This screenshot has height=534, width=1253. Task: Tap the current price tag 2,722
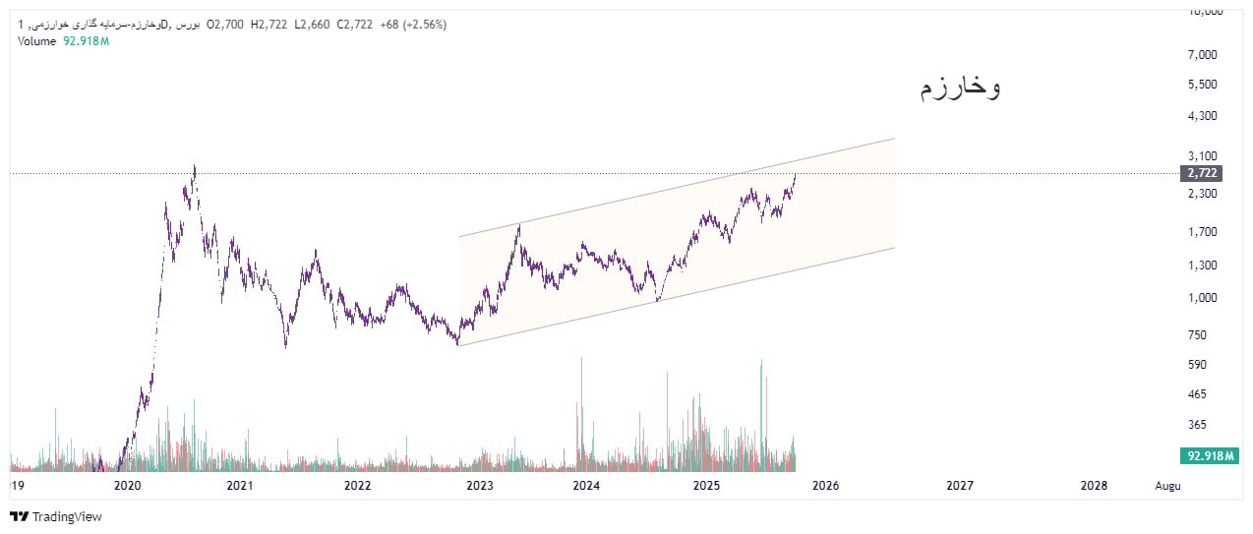[x=1202, y=173]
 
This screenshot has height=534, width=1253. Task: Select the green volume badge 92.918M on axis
[x=1210, y=456]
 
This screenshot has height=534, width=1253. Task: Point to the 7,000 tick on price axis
[x=1204, y=55]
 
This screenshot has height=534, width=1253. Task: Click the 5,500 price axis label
[x=1204, y=85]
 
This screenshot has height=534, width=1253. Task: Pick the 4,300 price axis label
[x=1204, y=116]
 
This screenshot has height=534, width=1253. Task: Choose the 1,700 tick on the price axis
[x=1204, y=232]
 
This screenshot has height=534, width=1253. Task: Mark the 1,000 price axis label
[x=1204, y=298]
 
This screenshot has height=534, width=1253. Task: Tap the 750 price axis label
[x=1196, y=335]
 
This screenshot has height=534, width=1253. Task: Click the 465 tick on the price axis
[x=1196, y=394]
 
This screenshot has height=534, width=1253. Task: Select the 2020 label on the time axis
[x=127, y=486]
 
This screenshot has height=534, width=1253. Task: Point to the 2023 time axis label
[x=480, y=486]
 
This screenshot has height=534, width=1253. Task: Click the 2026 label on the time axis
[x=826, y=486]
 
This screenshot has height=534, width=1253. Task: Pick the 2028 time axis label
[x=1094, y=486]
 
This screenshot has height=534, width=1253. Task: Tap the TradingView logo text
[x=67, y=516]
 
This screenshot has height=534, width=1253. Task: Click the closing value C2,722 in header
[x=354, y=25]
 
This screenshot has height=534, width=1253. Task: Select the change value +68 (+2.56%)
[x=413, y=25]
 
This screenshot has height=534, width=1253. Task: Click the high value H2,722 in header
[x=268, y=25]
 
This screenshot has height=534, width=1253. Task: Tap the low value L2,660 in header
[x=312, y=25]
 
